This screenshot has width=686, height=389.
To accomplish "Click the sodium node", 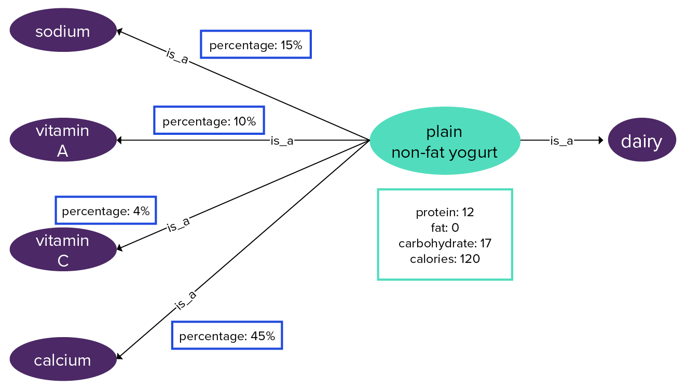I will (63, 31).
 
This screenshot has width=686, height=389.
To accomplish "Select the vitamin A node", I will (63, 140).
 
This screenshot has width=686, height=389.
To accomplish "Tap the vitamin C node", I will (63, 249).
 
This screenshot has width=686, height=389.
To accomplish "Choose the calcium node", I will (63, 359).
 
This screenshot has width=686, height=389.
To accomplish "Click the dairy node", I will (641, 140).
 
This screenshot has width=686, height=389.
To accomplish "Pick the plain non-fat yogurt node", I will (445, 141).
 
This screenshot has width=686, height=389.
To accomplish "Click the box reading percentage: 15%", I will (255, 45).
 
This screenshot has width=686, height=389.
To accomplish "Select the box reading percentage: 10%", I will (209, 120).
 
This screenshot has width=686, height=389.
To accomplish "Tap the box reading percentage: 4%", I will (105, 210).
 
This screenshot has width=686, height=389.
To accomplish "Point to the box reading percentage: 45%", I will (227, 336).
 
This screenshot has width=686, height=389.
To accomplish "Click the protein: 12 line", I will (445, 212).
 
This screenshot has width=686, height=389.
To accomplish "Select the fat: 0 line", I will (445, 228).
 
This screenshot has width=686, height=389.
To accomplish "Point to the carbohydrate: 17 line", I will (445, 243).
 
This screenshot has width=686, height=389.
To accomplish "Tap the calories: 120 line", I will (445, 259).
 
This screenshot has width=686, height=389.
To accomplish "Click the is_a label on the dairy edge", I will (561, 141).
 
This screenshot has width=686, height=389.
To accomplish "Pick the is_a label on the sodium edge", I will (177, 55).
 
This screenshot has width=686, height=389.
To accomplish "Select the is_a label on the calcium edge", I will (185, 300).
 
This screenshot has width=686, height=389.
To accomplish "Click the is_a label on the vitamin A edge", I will (282, 141).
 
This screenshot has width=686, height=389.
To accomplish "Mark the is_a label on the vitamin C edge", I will (179, 224).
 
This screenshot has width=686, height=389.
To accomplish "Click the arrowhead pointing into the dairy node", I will (601, 140).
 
